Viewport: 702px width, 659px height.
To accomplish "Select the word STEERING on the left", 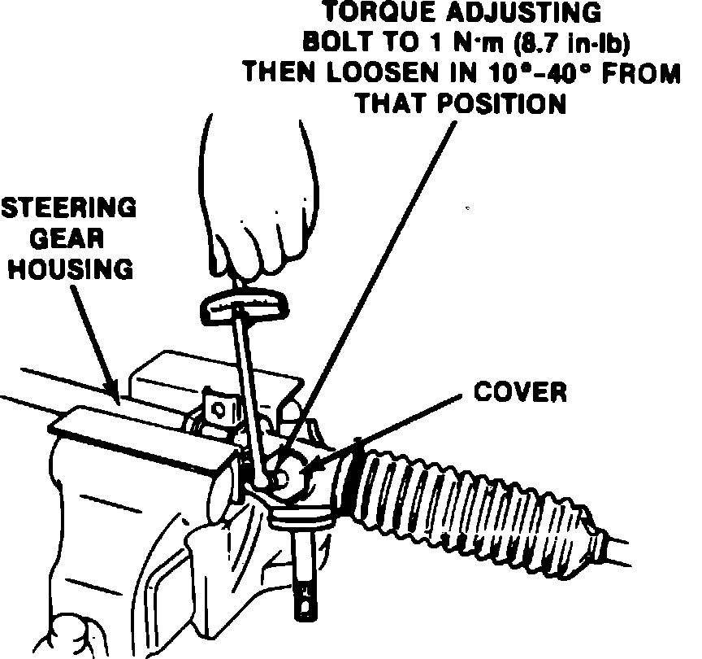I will (67, 209).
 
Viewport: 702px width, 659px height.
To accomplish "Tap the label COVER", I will (520, 393).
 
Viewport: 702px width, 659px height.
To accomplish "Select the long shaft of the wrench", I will (248, 382).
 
